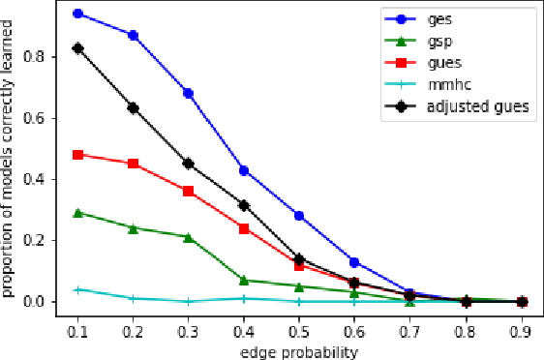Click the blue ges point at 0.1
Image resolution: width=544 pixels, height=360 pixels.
(x=77, y=14)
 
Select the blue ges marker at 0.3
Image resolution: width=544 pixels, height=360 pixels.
(x=188, y=93)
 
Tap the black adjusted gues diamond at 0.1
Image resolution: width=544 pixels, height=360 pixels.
(x=77, y=47)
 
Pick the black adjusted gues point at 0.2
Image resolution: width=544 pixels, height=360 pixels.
(x=133, y=107)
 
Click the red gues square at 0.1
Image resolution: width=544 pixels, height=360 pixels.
(x=77, y=155)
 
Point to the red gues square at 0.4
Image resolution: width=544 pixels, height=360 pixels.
(x=244, y=228)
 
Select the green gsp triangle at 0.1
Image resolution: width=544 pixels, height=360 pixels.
(x=77, y=213)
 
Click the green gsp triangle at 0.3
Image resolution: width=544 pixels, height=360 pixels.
(x=188, y=237)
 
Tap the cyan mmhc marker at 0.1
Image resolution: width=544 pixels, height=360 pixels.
(x=77, y=289)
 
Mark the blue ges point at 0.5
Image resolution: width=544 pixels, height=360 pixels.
(x=299, y=216)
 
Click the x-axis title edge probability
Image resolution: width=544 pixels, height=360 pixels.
(x=299, y=350)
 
